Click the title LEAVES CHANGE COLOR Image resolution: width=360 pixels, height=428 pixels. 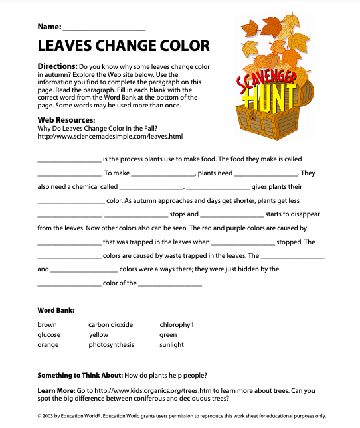coord(124,46)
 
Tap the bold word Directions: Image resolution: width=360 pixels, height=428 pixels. coord(57,67)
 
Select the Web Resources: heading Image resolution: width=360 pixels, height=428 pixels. coord(66,119)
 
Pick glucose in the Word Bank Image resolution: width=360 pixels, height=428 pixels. coord(49,335)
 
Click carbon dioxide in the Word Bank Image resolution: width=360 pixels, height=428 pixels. coord(111,324)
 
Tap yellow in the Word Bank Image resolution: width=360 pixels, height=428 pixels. coord(98,335)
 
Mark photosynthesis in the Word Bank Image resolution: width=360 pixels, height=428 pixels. coord(111,345)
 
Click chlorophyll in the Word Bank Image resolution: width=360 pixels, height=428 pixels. coord(177,324)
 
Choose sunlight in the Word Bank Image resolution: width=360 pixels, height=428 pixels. coord(172,345)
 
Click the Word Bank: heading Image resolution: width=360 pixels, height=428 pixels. coord(56,310)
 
